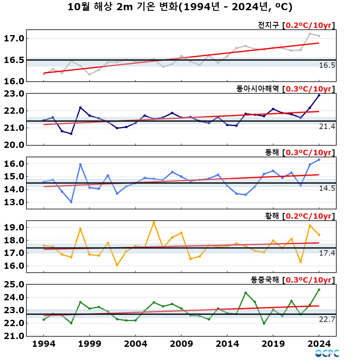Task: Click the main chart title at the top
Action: point(180,7)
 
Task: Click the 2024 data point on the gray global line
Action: point(319,36)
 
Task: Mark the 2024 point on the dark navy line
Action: point(319,95)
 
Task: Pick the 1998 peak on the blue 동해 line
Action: point(80,164)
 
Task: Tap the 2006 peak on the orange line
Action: point(154,222)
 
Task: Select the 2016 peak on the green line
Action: point(245,293)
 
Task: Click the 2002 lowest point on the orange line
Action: point(117,265)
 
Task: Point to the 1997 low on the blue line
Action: point(71,202)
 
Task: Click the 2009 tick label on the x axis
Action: point(181,344)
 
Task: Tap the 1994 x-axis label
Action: point(44,344)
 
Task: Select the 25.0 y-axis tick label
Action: point(14,284)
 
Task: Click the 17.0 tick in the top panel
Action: point(14,38)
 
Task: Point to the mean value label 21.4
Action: point(327,127)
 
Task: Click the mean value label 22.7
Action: point(327,319)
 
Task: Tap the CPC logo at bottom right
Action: point(327,353)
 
